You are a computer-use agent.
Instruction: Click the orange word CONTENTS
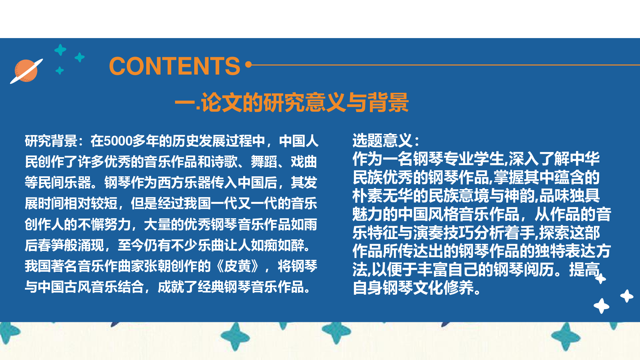[174, 66]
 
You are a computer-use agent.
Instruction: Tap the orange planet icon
[26, 71]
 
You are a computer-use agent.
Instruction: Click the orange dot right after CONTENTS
[248, 65]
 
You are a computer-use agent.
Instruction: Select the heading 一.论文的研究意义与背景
[292, 103]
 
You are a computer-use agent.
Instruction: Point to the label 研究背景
[51, 141]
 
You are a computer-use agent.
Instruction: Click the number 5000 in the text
[118, 141]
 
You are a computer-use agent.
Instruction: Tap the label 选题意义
[382, 140]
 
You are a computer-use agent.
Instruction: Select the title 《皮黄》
[237, 266]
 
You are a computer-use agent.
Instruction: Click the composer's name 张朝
[157, 266]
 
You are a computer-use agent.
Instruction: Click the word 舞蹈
[264, 162]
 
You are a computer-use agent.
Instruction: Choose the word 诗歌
[224, 162]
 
